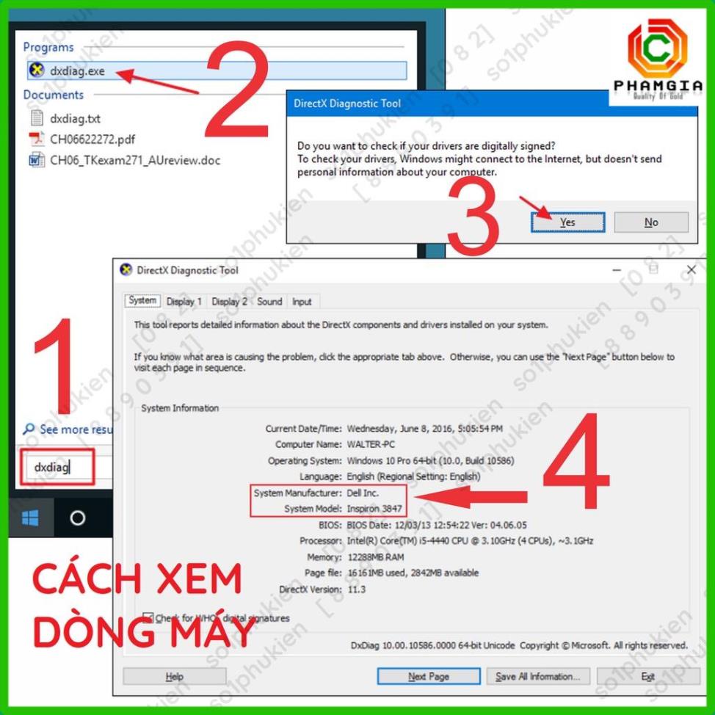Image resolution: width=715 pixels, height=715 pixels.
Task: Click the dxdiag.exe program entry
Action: (77, 71)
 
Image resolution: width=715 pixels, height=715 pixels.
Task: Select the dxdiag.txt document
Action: (74, 118)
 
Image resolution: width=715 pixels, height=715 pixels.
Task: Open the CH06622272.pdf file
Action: (92, 139)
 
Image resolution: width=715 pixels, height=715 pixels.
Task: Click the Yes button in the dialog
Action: (567, 222)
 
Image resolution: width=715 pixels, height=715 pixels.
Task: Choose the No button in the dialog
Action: (651, 222)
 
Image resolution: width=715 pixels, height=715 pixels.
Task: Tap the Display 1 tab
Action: (184, 302)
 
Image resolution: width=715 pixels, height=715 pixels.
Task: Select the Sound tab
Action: (269, 302)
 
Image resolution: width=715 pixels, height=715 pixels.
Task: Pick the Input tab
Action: (302, 302)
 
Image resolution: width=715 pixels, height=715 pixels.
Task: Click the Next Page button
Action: (429, 676)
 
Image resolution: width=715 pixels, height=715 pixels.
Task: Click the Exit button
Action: (647, 676)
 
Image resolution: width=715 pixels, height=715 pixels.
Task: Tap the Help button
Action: (175, 676)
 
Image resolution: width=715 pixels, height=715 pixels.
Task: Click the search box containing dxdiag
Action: (57, 468)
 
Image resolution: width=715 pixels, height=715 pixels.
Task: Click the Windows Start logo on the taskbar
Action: (30, 518)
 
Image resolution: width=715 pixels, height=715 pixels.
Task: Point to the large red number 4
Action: (576, 462)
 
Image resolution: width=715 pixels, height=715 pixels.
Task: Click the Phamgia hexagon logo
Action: (657, 50)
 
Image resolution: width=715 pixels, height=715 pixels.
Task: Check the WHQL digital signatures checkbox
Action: (148, 618)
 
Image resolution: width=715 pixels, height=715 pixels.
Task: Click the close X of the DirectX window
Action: (691, 270)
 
